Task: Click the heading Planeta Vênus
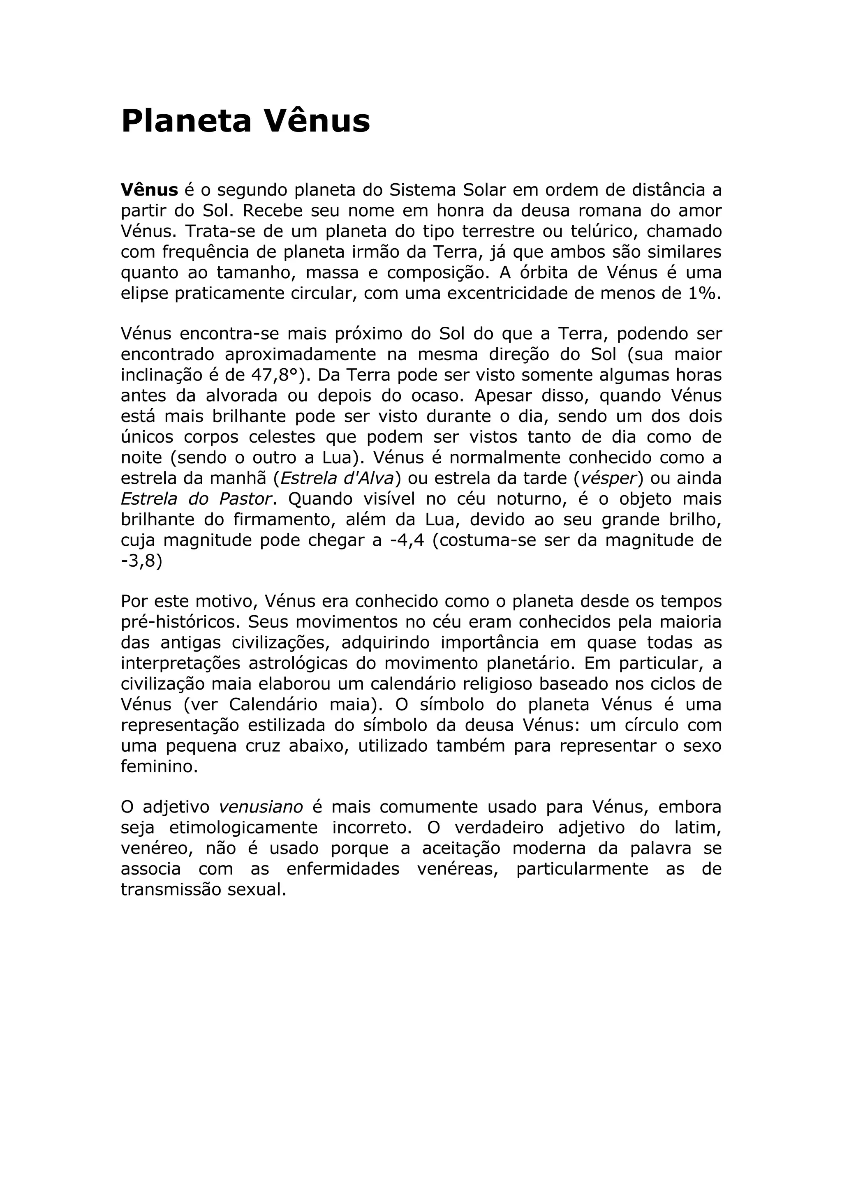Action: coord(245,121)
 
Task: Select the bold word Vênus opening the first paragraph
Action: coord(149,190)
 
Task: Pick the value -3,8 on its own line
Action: coord(141,561)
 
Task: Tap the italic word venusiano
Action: coord(261,807)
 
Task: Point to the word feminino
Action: coord(159,766)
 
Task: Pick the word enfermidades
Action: coord(343,869)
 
